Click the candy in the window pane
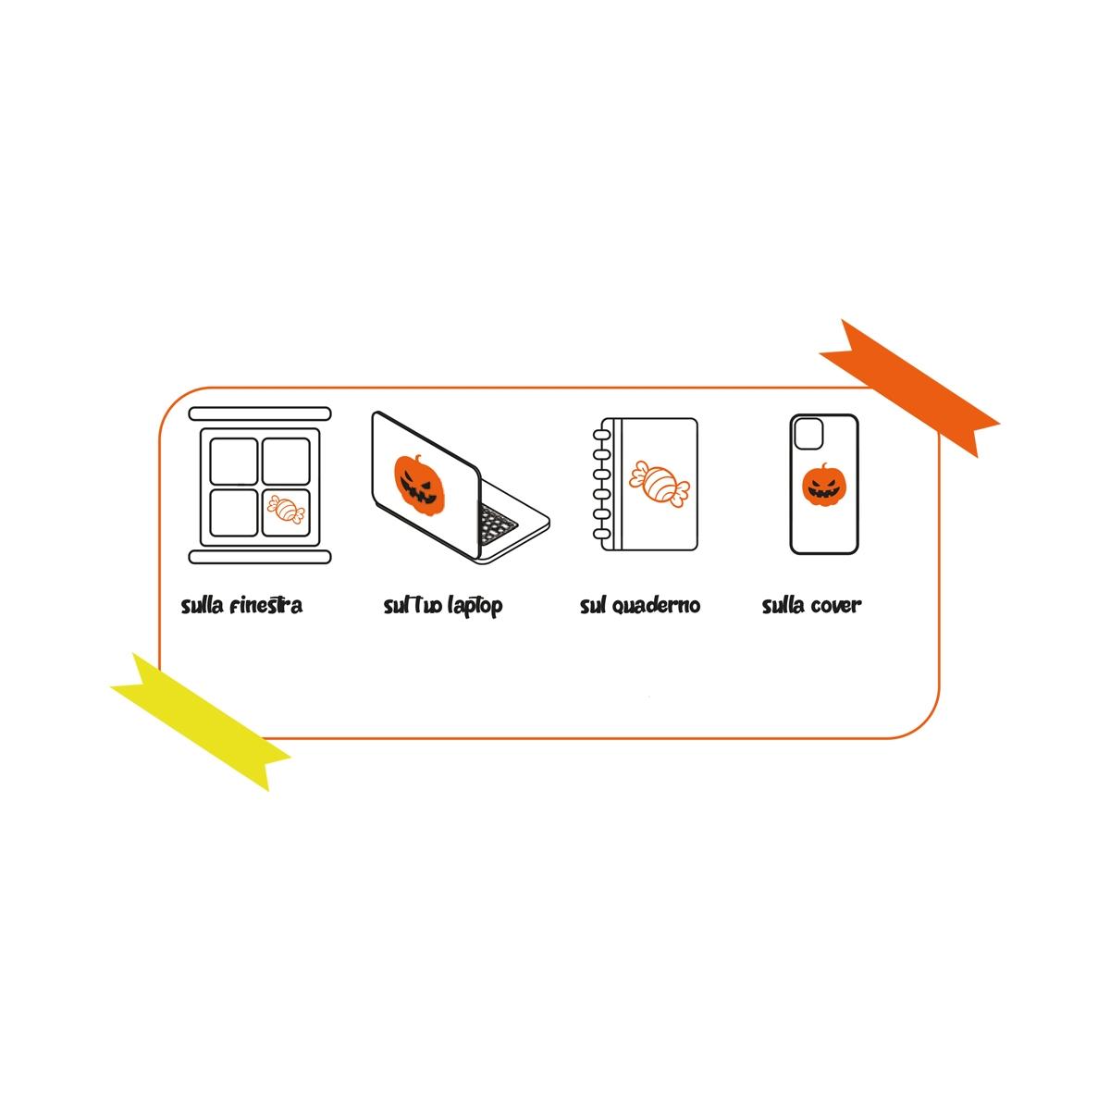[x=285, y=510]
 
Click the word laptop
[x=475, y=607]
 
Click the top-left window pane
[x=233, y=461]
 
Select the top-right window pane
[x=285, y=461]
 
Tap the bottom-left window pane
[x=233, y=512]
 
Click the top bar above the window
[x=260, y=413]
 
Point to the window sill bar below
[x=260, y=557]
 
